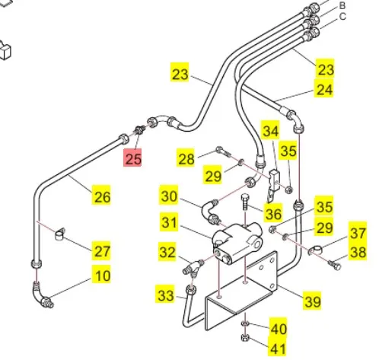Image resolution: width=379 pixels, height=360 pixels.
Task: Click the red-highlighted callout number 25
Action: [132, 158]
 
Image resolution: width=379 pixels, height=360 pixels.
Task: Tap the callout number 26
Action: [102, 196]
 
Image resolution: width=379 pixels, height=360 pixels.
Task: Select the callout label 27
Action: [102, 251]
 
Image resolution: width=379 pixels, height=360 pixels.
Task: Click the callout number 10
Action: [102, 276]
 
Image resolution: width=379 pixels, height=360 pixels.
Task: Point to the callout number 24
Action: [324, 90]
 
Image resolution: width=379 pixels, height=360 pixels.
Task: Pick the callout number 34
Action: [271, 131]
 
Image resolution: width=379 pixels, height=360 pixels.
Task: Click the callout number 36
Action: [273, 213]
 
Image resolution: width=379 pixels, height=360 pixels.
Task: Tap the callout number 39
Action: [312, 301]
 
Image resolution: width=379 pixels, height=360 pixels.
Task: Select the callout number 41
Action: [277, 348]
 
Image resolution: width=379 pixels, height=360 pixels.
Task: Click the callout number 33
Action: [165, 295]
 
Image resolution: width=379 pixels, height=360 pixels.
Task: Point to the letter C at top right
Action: [342, 17]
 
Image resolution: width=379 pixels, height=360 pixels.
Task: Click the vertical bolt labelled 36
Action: [244, 202]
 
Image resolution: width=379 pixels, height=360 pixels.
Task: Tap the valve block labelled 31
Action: [237, 243]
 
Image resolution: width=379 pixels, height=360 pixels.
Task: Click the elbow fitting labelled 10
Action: [41, 295]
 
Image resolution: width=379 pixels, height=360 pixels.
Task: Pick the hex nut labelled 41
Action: [245, 338]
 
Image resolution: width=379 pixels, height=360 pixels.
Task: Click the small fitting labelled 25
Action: [140, 130]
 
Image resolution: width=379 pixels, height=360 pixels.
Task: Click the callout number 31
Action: [169, 222]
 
